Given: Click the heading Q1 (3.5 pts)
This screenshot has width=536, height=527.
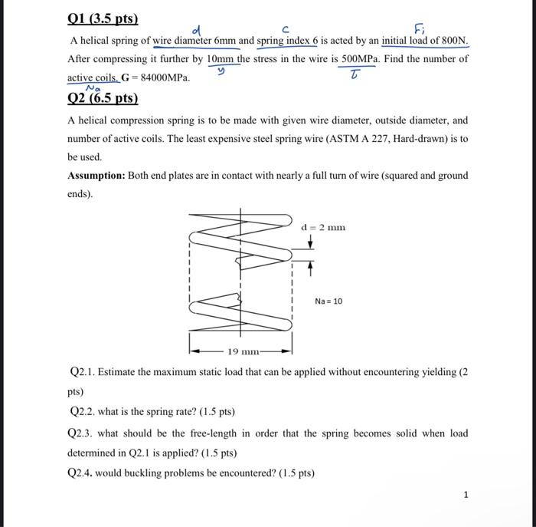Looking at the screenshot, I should tap(97, 18).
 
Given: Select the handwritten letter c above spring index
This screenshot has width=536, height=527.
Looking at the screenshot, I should tap(285, 29).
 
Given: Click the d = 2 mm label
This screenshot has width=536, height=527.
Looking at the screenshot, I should tap(323, 227).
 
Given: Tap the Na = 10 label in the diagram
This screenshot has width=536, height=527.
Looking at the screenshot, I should tap(328, 301).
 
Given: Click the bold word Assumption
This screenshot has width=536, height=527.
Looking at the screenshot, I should tap(96, 176).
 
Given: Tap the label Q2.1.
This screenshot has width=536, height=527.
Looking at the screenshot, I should tap(83, 372).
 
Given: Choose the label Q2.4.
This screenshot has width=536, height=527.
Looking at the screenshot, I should tap(83, 473).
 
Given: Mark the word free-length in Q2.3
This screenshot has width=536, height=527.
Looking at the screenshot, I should tap(212, 433).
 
